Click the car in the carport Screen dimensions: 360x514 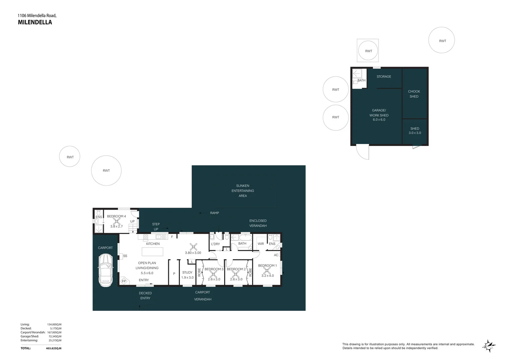click(x=105, y=270)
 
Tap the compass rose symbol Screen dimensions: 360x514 click(x=489, y=346)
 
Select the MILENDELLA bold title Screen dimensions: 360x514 click(x=35, y=22)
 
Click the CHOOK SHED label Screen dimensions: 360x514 click(x=414, y=94)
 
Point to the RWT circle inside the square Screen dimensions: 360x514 click(x=368, y=51)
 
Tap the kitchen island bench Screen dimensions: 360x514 click(x=153, y=251)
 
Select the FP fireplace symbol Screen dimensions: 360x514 click(x=124, y=281)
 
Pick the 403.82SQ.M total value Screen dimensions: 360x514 click(x=54, y=348)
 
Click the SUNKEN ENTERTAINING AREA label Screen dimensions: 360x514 click(x=243, y=191)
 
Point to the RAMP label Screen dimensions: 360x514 click(x=215, y=213)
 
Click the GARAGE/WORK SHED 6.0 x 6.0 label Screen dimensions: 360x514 click(x=379, y=115)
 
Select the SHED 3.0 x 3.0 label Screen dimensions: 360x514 click(x=415, y=131)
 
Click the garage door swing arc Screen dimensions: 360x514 click(x=362, y=152)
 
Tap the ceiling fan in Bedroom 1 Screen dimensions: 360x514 click(x=266, y=270)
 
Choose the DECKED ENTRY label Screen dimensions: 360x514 click(x=145, y=296)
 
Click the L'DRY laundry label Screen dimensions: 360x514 click(x=216, y=244)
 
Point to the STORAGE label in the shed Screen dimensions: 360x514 click(x=384, y=77)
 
